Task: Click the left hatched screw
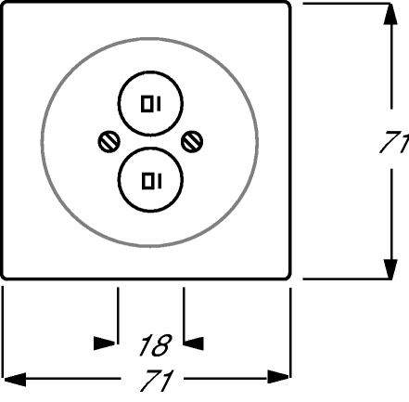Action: point(109,142)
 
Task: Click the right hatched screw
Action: point(192,142)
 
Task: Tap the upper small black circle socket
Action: point(150,103)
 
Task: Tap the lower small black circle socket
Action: point(150,180)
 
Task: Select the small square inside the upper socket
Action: point(147,104)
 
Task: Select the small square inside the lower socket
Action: point(147,181)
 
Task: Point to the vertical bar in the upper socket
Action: point(159,104)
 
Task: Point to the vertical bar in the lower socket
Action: point(160,181)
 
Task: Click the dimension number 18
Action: point(156,344)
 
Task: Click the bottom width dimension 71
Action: point(156,380)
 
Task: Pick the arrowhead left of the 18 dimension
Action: point(105,344)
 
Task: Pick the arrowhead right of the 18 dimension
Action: point(194,344)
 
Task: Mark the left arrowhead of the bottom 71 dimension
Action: point(15,380)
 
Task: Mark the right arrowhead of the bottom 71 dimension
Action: point(278,377)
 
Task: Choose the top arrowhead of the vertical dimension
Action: point(390,13)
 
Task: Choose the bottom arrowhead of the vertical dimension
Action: point(390,269)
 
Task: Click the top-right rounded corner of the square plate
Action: point(288,4)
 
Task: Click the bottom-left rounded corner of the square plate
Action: point(4,277)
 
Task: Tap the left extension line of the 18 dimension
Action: point(118,316)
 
